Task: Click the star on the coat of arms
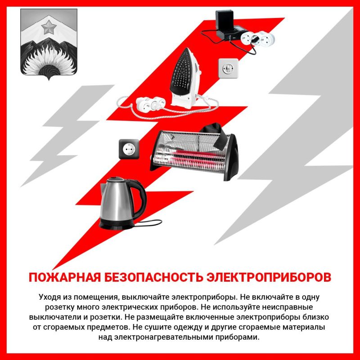[49, 27]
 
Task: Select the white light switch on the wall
[228, 68]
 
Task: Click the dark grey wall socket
[129, 149]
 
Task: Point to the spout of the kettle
[104, 188]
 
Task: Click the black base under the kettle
[116, 224]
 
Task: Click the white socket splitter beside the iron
[150, 103]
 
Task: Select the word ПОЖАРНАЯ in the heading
[65, 277]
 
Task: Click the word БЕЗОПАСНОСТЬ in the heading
[153, 277]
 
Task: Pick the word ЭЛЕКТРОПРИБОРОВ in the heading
[269, 277]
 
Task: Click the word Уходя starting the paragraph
[50, 297]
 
